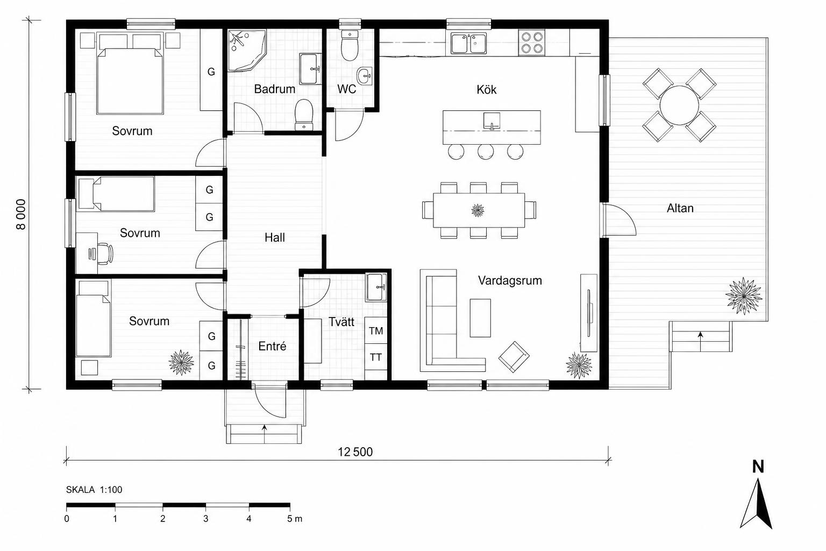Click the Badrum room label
275,89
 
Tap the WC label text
347,89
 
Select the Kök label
486,89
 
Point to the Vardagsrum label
510,280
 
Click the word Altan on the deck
680,208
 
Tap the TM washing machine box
376,330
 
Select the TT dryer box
376,357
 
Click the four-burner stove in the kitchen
532,43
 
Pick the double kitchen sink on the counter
469,43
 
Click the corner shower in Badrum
246,50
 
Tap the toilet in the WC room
349,45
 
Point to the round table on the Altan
679,105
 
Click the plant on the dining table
478,210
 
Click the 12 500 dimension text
355,452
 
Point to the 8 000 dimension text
21,214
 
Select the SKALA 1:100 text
94,490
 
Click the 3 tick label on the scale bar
206,519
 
